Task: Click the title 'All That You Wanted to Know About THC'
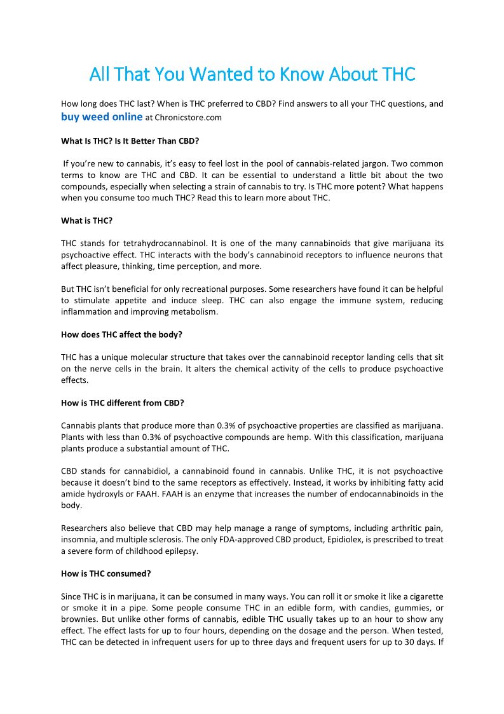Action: [252, 74]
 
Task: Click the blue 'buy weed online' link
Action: [102, 116]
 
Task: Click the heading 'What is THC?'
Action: [86, 221]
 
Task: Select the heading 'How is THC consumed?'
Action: [106, 573]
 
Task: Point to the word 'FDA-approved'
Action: [248, 540]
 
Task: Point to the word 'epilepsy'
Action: [180, 551]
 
